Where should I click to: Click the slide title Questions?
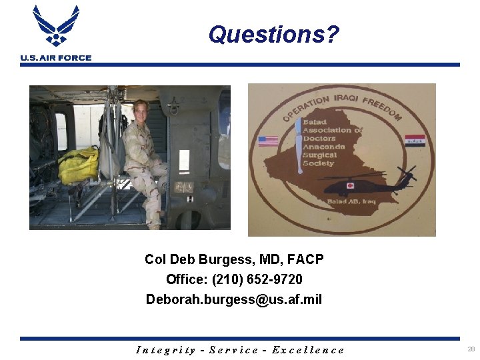(273, 34)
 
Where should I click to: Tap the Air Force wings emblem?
(56, 25)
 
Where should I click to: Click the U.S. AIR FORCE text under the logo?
(56, 58)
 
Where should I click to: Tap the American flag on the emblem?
(268, 141)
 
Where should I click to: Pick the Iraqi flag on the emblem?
(414, 141)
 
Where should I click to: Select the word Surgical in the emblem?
(320, 155)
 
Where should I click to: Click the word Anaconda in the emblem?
(324, 147)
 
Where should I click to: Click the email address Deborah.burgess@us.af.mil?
(234, 299)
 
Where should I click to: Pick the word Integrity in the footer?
(166, 350)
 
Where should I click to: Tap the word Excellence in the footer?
(309, 350)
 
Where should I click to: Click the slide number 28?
(471, 349)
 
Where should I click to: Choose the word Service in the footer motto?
(233, 350)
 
